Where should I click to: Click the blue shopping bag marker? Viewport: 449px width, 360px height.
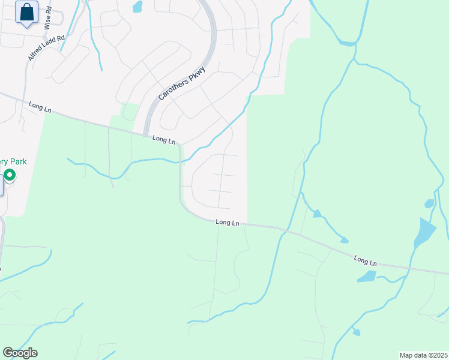click(x=26, y=13)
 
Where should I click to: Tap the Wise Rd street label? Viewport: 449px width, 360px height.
click(x=47, y=16)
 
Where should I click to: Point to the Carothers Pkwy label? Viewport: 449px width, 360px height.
click(x=182, y=83)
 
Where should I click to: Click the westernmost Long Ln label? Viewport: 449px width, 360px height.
click(x=40, y=106)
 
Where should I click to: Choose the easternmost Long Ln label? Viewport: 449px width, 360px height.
click(x=365, y=261)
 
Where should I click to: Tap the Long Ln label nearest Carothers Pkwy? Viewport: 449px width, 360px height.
click(x=164, y=139)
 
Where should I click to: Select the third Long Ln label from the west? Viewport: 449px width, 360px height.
click(x=228, y=222)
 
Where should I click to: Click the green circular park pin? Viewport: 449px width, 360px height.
click(x=10, y=175)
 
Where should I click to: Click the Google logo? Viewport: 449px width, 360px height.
click(x=20, y=353)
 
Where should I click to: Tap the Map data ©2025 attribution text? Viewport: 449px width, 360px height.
click(x=423, y=355)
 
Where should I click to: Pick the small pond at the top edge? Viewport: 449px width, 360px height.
click(x=137, y=7)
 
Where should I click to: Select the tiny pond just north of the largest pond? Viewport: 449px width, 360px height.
click(x=429, y=203)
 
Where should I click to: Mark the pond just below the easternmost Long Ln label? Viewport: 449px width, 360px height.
click(x=366, y=276)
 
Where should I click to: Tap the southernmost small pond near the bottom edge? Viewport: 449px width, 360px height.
click(x=357, y=332)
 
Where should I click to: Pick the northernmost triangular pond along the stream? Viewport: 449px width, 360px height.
click(x=316, y=213)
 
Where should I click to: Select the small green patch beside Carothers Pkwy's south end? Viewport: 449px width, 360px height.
click(x=128, y=112)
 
